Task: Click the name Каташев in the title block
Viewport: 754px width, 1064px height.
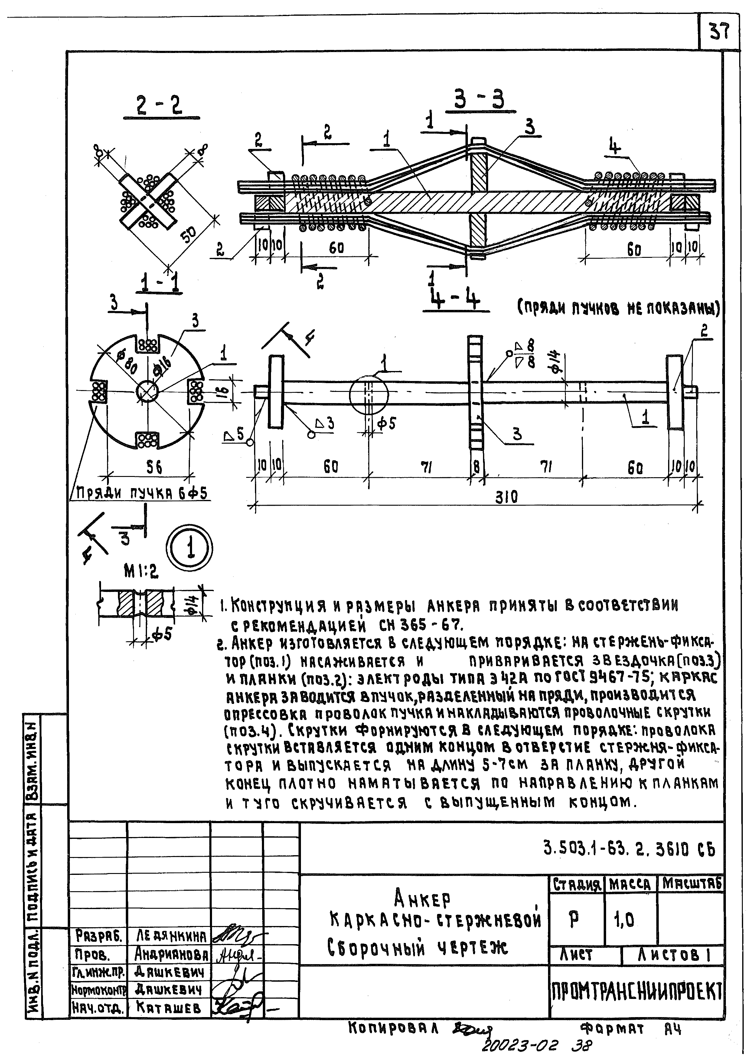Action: point(169,1007)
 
